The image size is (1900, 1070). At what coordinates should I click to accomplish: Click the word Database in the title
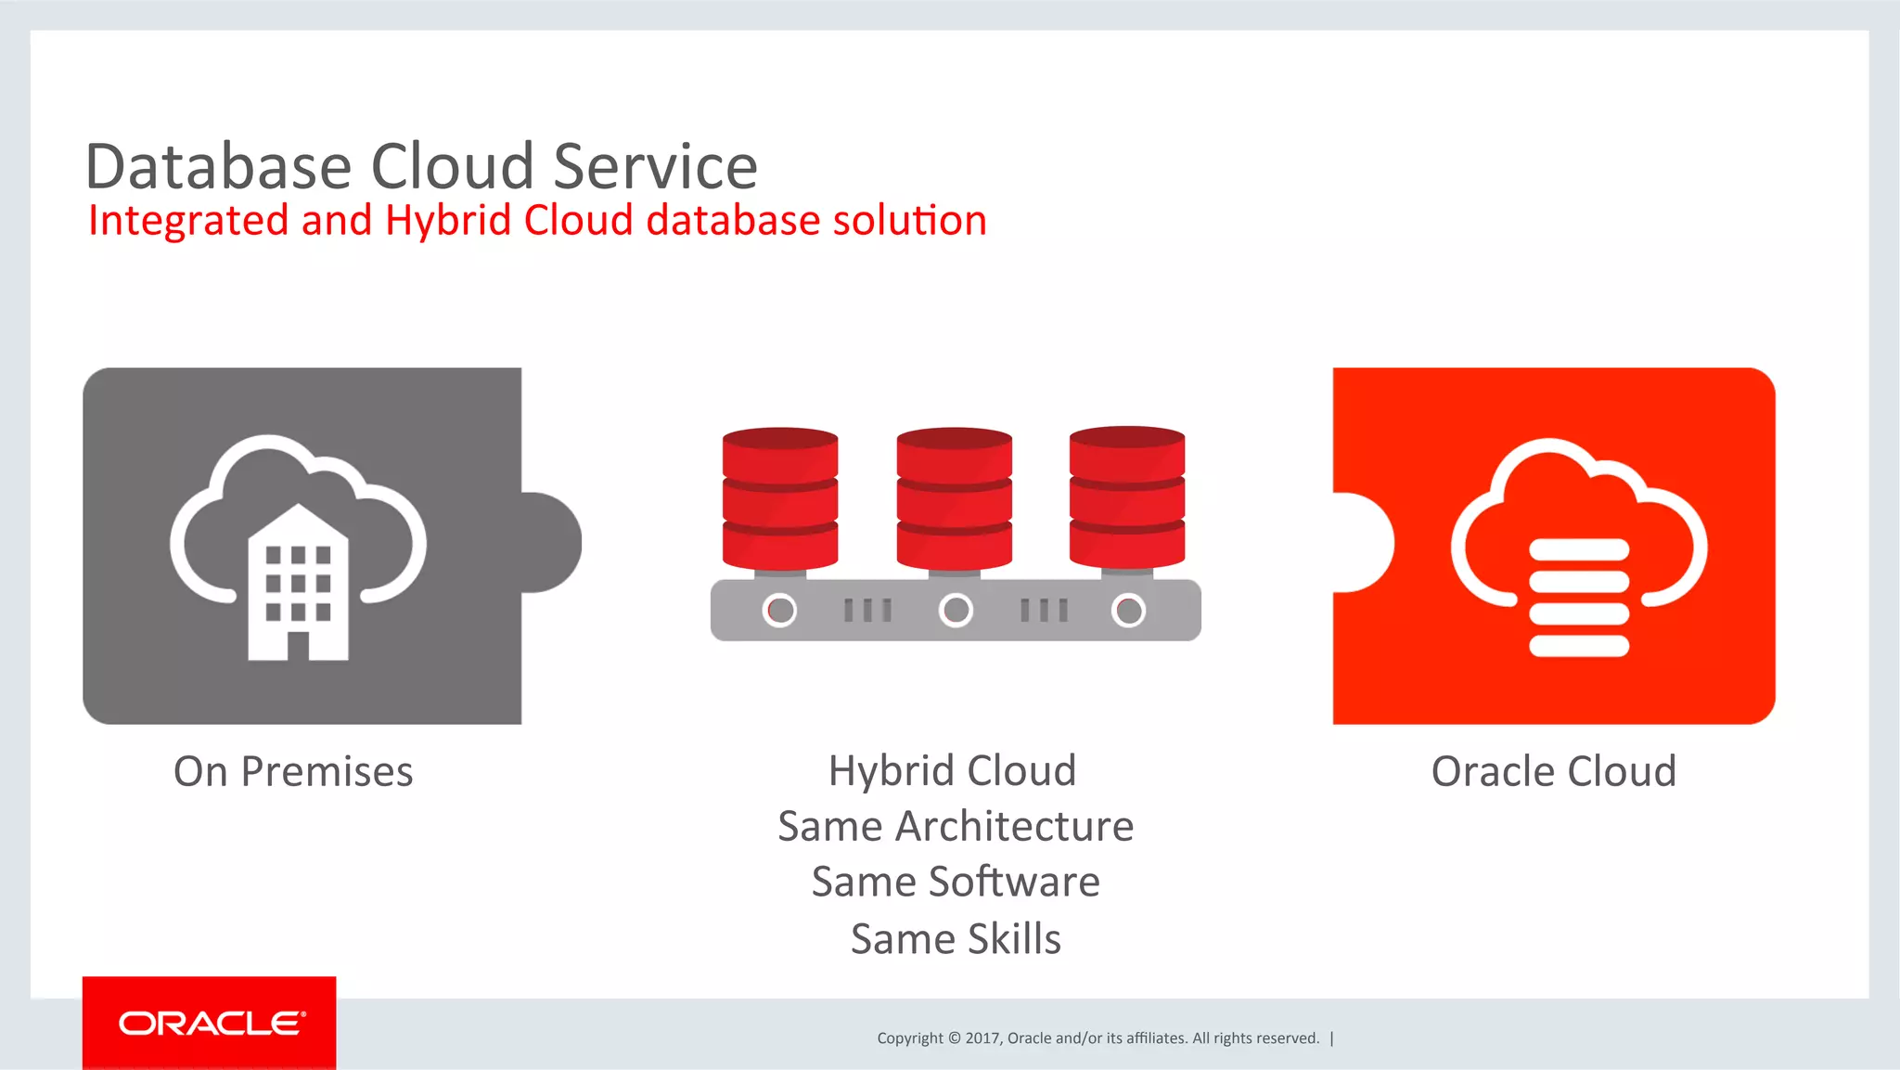(219, 167)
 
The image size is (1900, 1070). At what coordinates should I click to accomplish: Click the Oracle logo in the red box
(211, 1024)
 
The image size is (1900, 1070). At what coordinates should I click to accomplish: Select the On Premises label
(293, 772)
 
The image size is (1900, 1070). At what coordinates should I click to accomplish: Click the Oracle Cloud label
(1554, 772)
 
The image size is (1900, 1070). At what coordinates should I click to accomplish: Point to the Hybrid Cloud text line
(952, 771)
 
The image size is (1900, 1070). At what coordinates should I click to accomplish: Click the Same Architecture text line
(956, 827)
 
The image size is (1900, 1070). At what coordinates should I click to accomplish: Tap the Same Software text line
(956, 883)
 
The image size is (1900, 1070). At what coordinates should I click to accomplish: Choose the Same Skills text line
(956, 939)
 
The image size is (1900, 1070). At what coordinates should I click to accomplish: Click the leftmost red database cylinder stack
(780, 498)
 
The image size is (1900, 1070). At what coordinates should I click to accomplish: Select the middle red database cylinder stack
(954, 498)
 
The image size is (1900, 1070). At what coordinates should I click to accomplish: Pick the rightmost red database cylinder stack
(1127, 498)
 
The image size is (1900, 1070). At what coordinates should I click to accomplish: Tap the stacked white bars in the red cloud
(1579, 598)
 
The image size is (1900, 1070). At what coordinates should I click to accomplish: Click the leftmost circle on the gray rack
(779, 610)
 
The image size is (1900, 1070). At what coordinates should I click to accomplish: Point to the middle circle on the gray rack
(956, 610)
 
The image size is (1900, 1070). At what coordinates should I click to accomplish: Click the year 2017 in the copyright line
(982, 1038)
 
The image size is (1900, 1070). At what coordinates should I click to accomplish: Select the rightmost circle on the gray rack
(1128, 610)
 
